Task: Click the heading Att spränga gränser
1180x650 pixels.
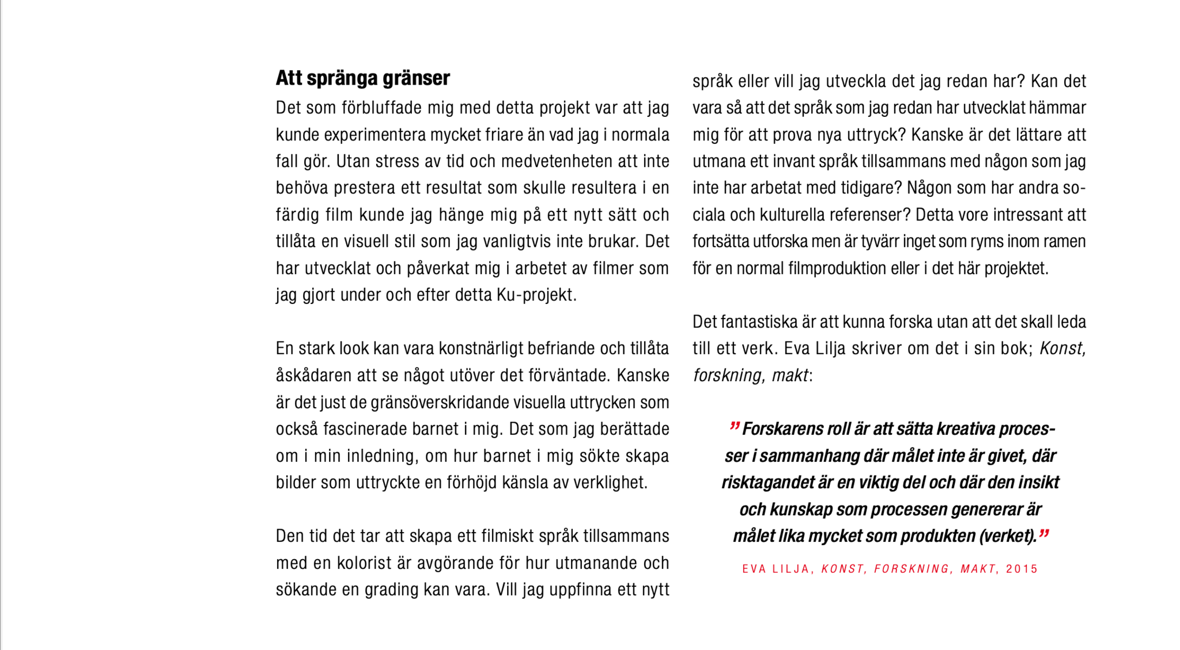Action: click(x=362, y=78)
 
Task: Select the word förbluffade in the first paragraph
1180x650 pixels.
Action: click(x=378, y=108)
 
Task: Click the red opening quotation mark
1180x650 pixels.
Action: click(x=734, y=427)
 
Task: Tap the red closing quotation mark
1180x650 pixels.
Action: click(x=1043, y=534)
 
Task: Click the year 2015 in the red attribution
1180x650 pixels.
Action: click(x=1022, y=569)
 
